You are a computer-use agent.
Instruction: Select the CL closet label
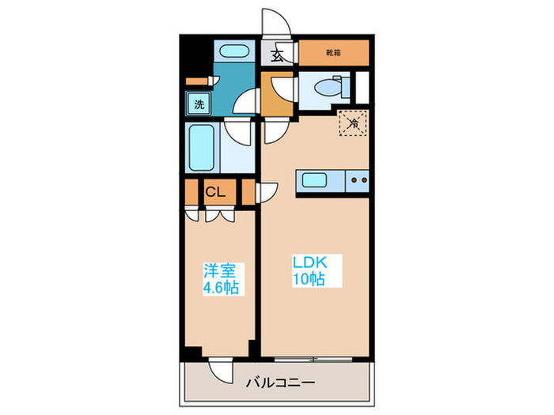(x=214, y=191)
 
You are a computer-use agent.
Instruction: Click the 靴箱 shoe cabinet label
(x=334, y=54)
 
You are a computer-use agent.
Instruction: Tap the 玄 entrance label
(x=278, y=55)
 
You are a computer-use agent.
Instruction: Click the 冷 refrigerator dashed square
(x=352, y=122)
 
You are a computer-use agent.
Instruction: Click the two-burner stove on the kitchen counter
(x=358, y=181)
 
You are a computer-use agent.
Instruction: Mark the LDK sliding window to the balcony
(x=314, y=358)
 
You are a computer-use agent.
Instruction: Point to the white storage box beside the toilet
(x=362, y=87)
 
